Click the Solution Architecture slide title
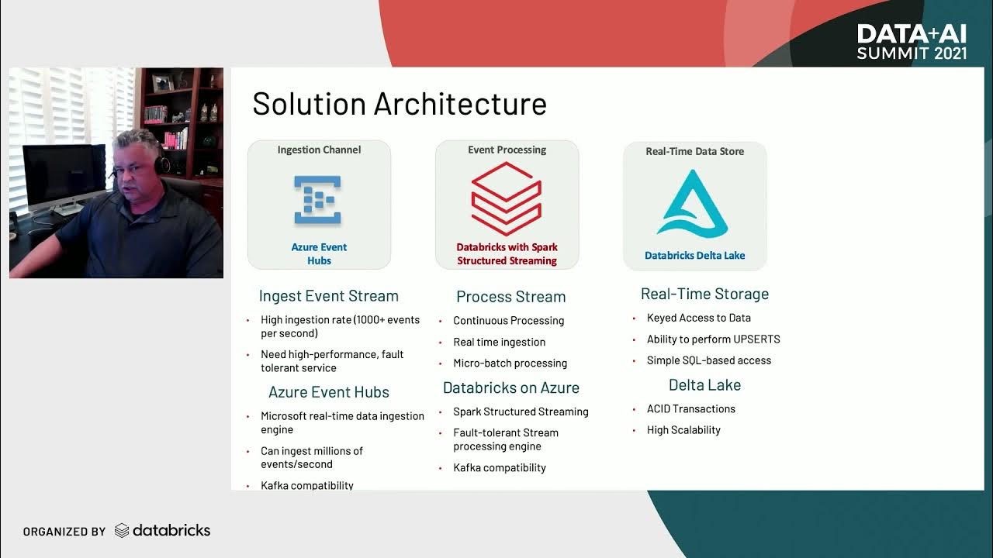click(400, 105)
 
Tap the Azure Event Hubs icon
click(318, 200)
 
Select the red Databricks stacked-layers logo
click(507, 199)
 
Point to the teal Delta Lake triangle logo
click(693, 203)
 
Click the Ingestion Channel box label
click(319, 150)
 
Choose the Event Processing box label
click(507, 150)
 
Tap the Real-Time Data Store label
click(694, 151)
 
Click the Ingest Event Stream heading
click(329, 296)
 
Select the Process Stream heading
click(510, 297)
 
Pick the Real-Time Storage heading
click(704, 294)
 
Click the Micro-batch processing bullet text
click(510, 363)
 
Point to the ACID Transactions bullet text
click(690, 408)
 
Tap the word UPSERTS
click(756, 339)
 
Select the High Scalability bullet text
click(683, 430)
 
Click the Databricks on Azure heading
click(510, 387)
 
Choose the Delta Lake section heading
click(704, 385)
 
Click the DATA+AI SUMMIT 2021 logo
click(912, 42)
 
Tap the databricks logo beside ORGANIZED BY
click(162, 531)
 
